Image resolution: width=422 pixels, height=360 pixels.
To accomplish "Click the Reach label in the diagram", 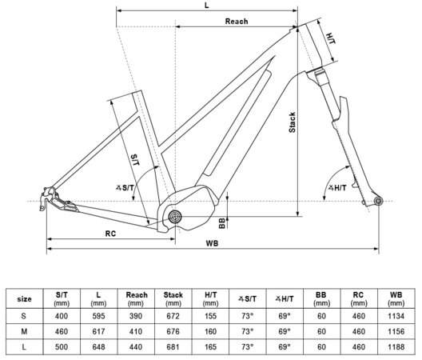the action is pos(237,22).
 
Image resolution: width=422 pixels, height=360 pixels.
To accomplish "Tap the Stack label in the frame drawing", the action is pos(292,122).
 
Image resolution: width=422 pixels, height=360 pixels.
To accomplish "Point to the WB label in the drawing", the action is pos(212,243).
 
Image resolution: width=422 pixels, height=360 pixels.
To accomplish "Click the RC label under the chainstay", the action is pos(110,234).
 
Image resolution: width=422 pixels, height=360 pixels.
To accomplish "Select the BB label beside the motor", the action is pos(222,223).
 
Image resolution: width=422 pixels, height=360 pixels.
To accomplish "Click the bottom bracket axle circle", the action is pos(175,217).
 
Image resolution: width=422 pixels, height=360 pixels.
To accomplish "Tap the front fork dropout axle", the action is pos(378,201).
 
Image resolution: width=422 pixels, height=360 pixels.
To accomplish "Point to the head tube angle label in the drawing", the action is pos(337,187).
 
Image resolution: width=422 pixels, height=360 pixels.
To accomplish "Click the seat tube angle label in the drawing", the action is pos(125,187).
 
